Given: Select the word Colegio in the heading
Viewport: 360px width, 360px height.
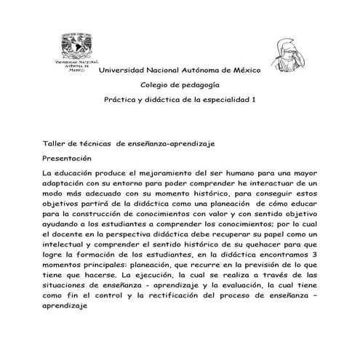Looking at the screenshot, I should tap(156, 85).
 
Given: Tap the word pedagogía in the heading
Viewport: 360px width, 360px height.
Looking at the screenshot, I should tap(199, 85).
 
